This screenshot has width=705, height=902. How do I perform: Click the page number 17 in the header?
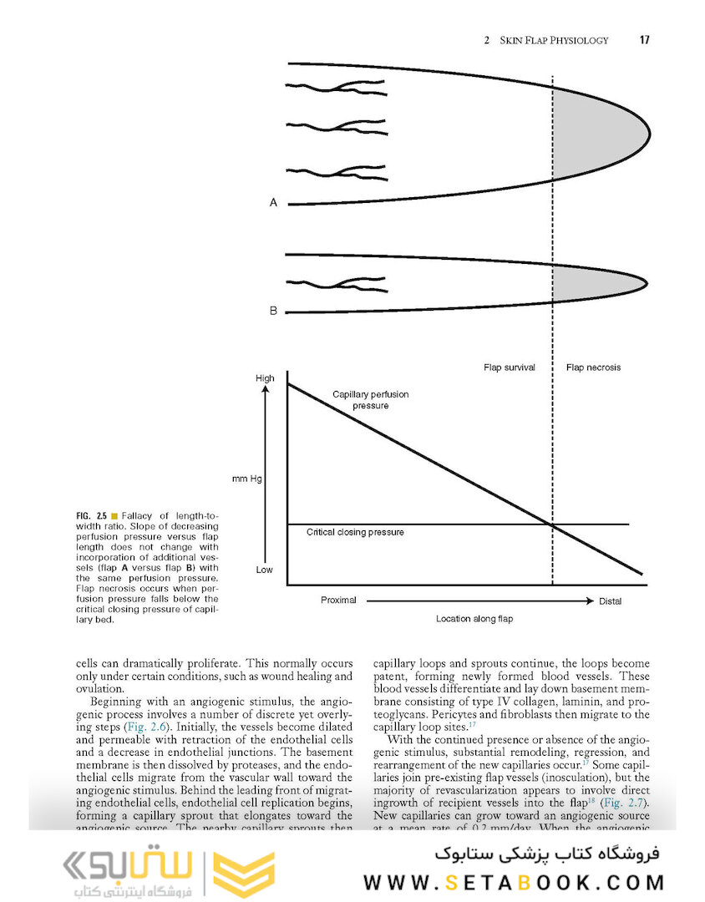pyautogui.click(x=644, y=39)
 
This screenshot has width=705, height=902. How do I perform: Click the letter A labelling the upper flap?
pyautogui.click(x=273, y=202)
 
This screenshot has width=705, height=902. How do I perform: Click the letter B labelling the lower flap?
pyautogui.click(x=273, y=311)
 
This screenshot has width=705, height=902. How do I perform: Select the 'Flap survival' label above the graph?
pyautogui.click(x=510, y=367)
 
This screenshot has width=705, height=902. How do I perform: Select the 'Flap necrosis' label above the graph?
pyautogui.click(x=593, y=367)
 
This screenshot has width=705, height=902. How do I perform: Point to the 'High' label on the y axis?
pyautogui.click(x=264, y=378)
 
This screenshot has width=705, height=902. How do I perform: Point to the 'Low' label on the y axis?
pyautogui.click(x=264, y=569)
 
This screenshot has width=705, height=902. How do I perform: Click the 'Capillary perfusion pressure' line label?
pyautogui.click(x=370, y=399)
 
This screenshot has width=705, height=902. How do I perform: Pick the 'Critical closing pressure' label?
pyautogui.click(x=355, y=532)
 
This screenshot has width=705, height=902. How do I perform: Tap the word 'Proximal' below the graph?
pyautogui.click(x=339, y=600)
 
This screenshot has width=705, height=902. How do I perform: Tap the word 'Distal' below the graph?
pyautogui.click(x=611, y=600)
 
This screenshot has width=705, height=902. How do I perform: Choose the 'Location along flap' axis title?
pyautogui.click(x=474, y=619)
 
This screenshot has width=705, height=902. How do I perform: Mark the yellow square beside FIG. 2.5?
pyautogui.click(x=114, y=515)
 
